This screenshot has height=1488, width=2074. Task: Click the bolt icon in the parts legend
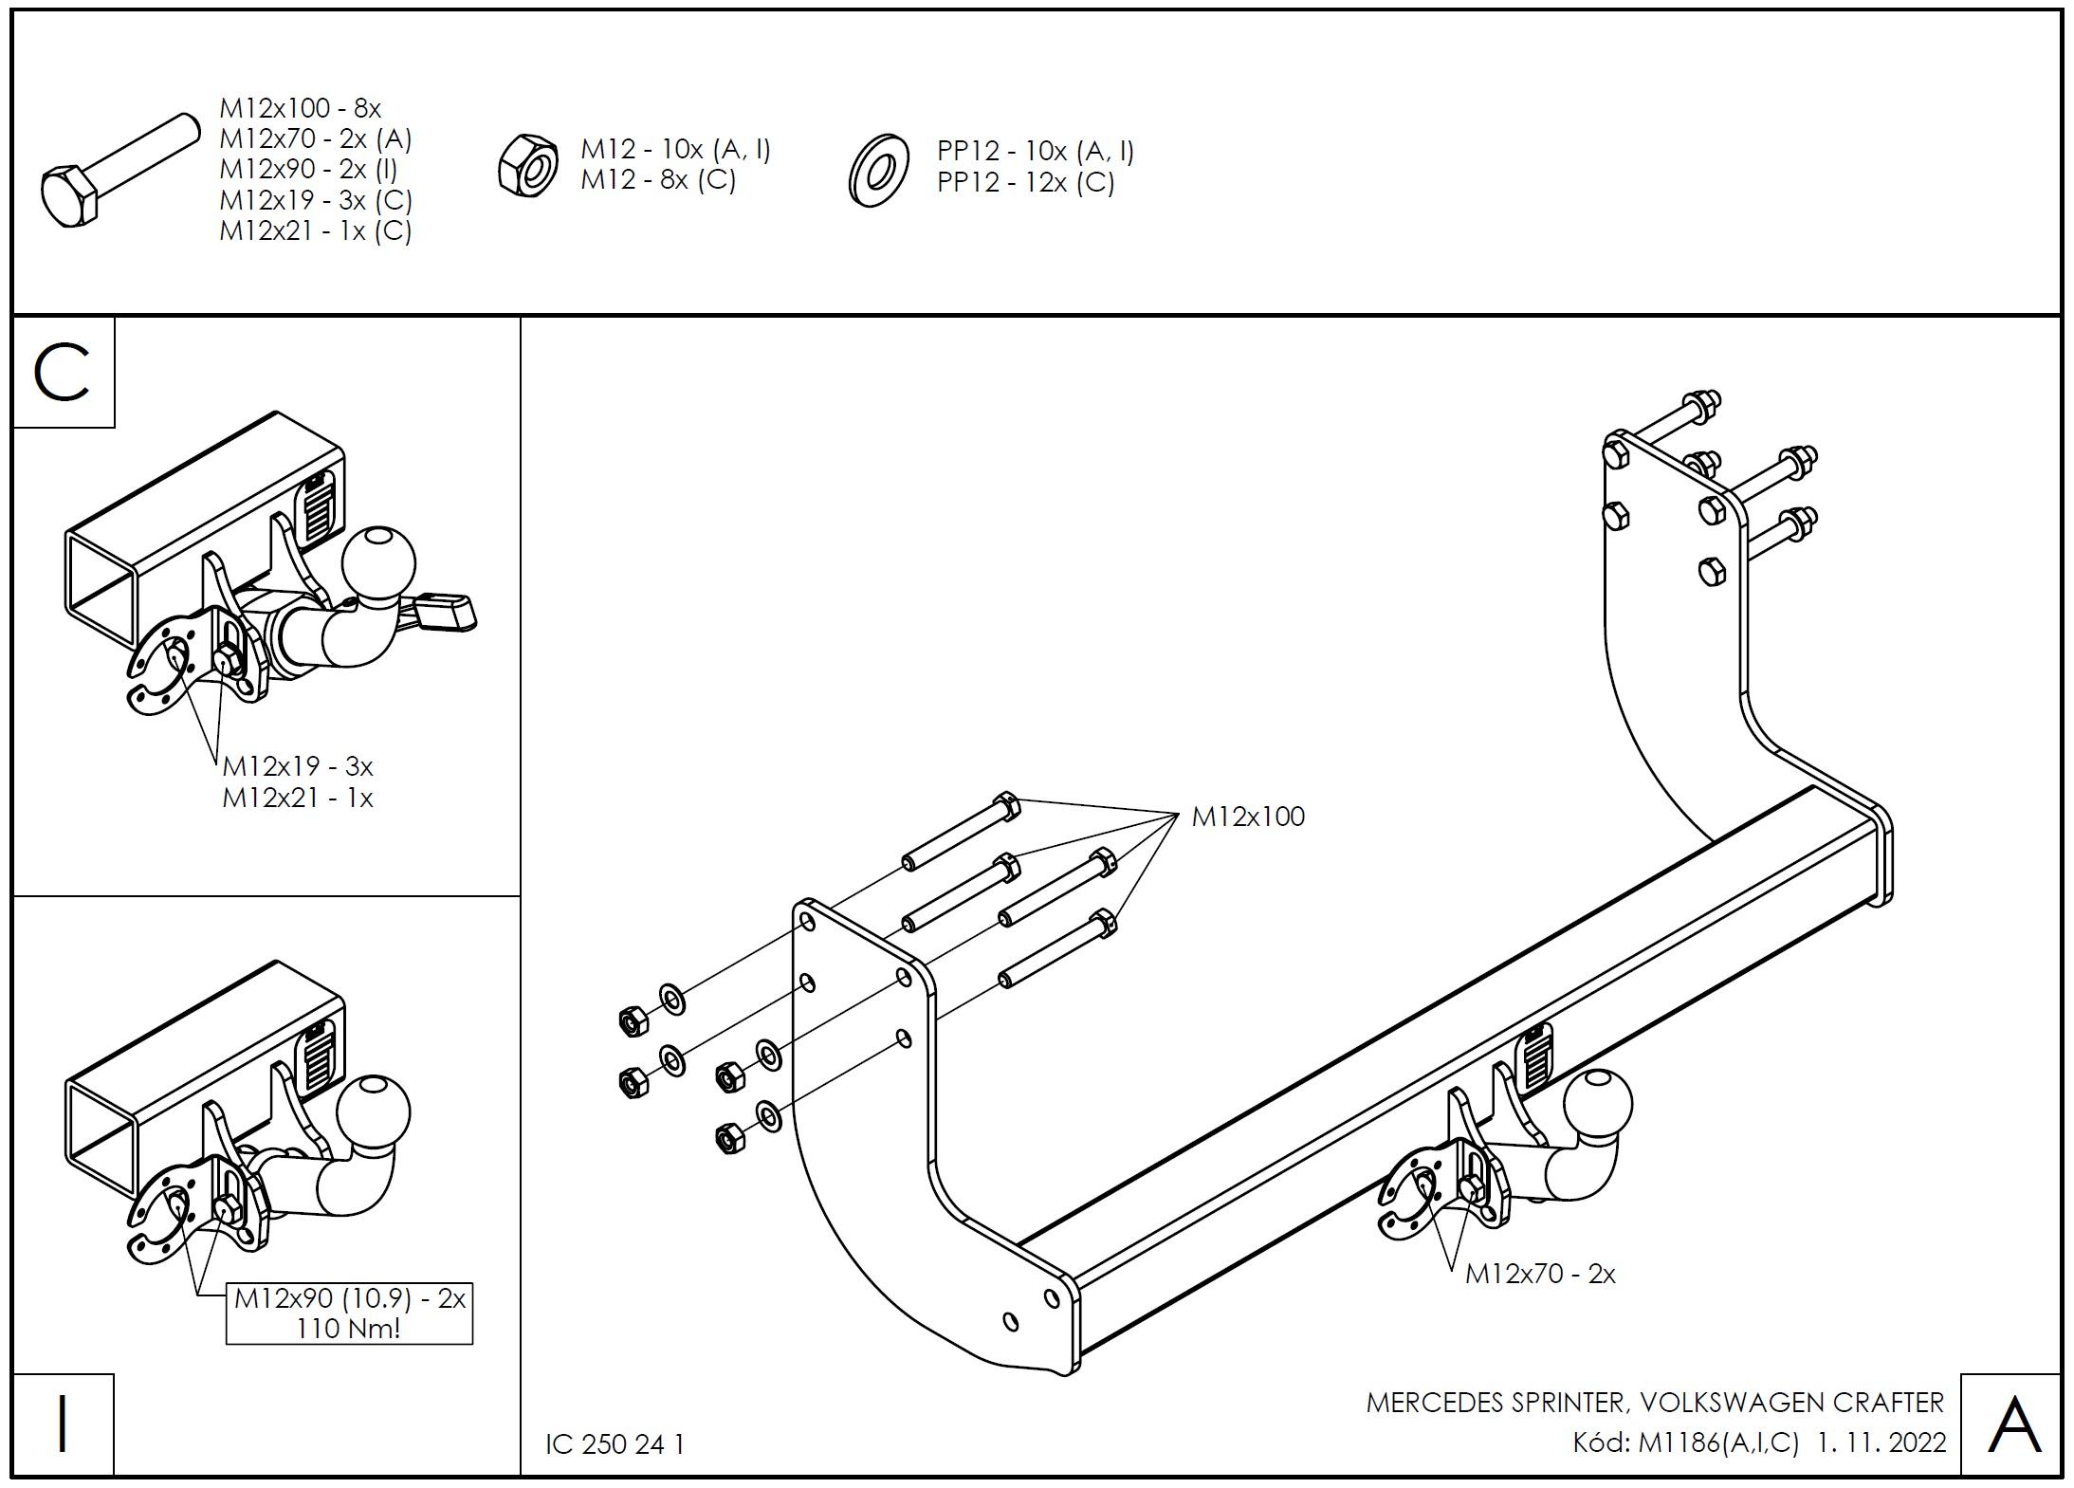tap(119, 171)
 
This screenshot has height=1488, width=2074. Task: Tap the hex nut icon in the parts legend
tap(528, 166)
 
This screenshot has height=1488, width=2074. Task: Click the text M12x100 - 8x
tap(301, 108)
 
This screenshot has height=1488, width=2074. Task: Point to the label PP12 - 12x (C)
tap(1026, 182)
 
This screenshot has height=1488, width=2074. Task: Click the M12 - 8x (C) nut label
tap(658, 179)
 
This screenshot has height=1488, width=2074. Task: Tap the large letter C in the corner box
tap(63, 373)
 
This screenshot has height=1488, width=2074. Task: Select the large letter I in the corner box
tap(63, 1424)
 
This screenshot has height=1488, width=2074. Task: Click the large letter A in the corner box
tap(2013, 1424)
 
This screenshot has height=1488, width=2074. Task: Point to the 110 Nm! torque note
tap(348, 1328)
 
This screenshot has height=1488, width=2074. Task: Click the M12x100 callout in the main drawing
tap(1248, 817)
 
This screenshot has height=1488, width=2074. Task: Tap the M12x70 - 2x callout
tap(1540, 1274)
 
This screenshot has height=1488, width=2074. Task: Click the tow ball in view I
tap(374, 1111)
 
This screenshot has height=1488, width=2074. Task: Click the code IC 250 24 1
tap(615, 1443)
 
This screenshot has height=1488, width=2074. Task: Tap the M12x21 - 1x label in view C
tap(298, 798)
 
